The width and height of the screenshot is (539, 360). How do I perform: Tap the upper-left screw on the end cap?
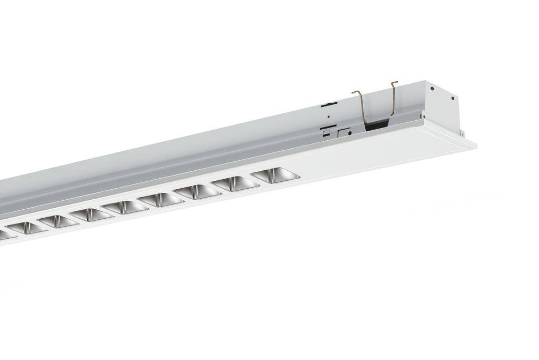coord(432,89)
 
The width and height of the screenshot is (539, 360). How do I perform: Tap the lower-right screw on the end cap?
coord(452,98)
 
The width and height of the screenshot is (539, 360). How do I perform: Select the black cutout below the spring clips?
coord(377,125)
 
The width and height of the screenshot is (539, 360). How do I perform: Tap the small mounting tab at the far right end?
coord(462,132)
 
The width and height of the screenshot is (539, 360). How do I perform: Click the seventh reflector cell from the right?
coord(58,221)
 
